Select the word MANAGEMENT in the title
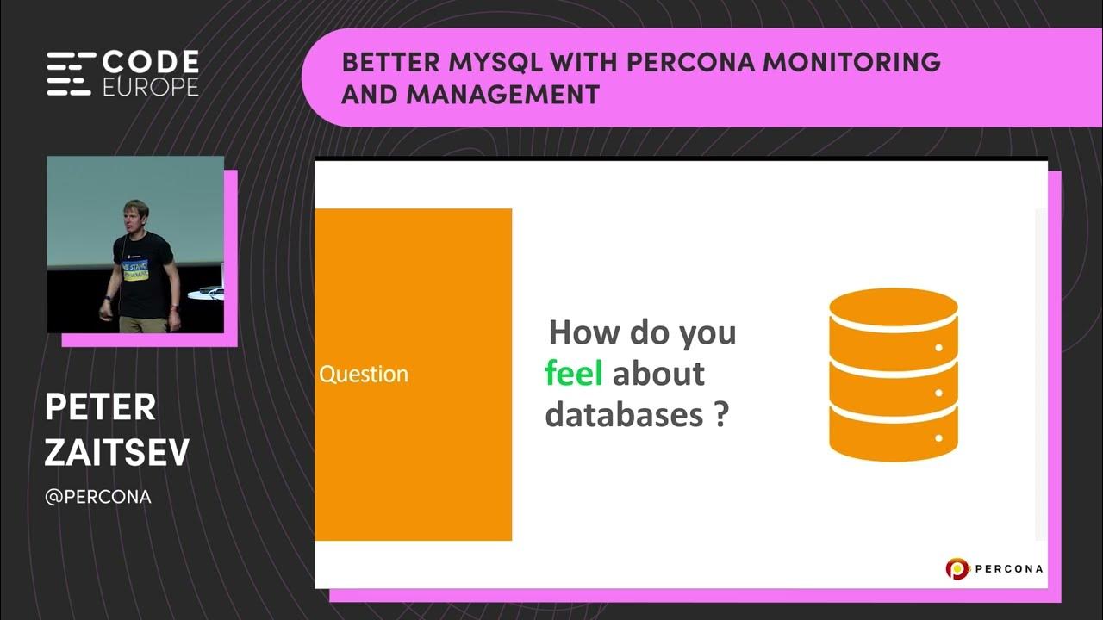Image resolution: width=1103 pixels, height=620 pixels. [x=503, y=94]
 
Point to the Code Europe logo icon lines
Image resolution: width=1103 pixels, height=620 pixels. [x=69, y=74]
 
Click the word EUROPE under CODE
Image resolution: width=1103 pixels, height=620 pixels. [x=151, y=87]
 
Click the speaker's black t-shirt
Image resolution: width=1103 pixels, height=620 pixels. [x=142, y=276]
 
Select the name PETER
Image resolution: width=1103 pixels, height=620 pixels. [x=100, y=408]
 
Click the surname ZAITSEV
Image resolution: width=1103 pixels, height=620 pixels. [x=116, y=453]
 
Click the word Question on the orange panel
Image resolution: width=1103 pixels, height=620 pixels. [x=363, y=375]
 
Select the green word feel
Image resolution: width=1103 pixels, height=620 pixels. [x=573, y=374]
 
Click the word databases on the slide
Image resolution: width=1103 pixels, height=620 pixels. [x=624, y=415]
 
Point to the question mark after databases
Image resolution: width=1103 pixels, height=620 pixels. [x=720, y=415]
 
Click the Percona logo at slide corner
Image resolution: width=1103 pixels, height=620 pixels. [x=994, y=568]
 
